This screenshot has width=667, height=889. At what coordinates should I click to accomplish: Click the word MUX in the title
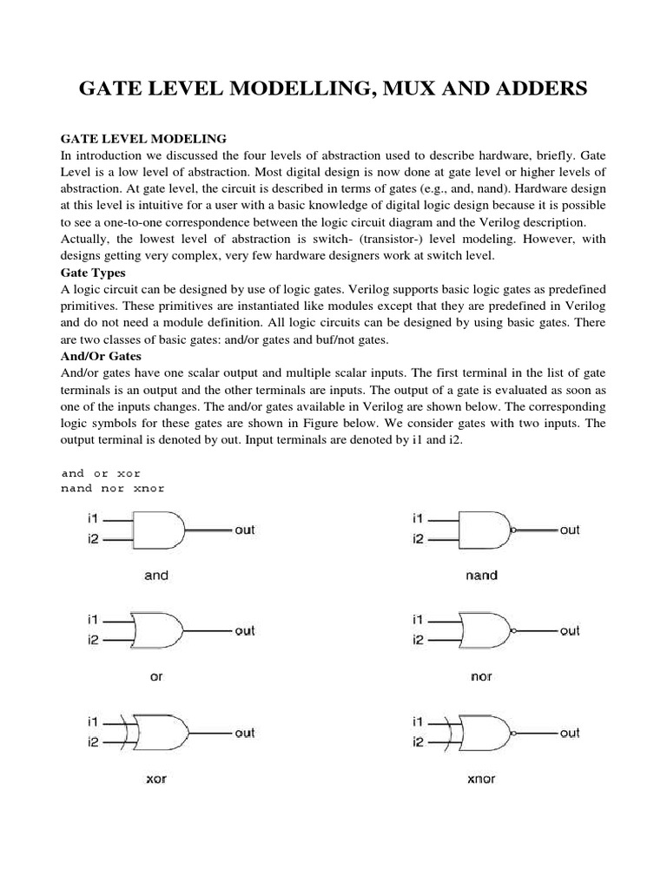click(411, 89)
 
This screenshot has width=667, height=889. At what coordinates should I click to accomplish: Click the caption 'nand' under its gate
click(481, 576)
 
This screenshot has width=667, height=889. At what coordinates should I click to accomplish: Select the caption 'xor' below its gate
click(156, 779)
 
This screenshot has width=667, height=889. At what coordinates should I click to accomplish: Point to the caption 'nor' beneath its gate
click(481, 676)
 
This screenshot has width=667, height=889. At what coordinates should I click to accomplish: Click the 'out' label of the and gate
click(244, 530)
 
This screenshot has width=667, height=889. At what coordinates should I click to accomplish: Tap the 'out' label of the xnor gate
click(569, 733)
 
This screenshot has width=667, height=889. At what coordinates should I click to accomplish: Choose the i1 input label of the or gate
click(93, 620)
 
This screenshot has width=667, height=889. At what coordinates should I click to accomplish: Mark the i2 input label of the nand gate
click(418, 539)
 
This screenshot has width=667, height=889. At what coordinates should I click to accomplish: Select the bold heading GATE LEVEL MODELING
click(142, 138)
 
